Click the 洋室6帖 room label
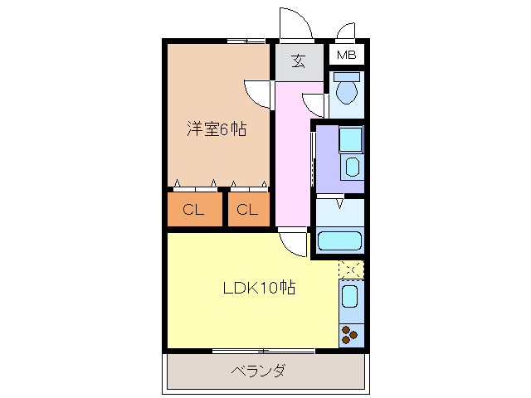coord(216,129)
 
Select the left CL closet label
coord(193,210)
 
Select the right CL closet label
coord(246,210)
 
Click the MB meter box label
coord(346,56)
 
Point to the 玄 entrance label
coord(298,61)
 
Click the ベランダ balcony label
coord(258,370)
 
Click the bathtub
coord(340,242)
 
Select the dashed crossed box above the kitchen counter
coord(351,269)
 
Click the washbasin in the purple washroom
coord(352,166)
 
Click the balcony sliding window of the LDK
coord(262,351)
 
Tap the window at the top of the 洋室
coord(246,41)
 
